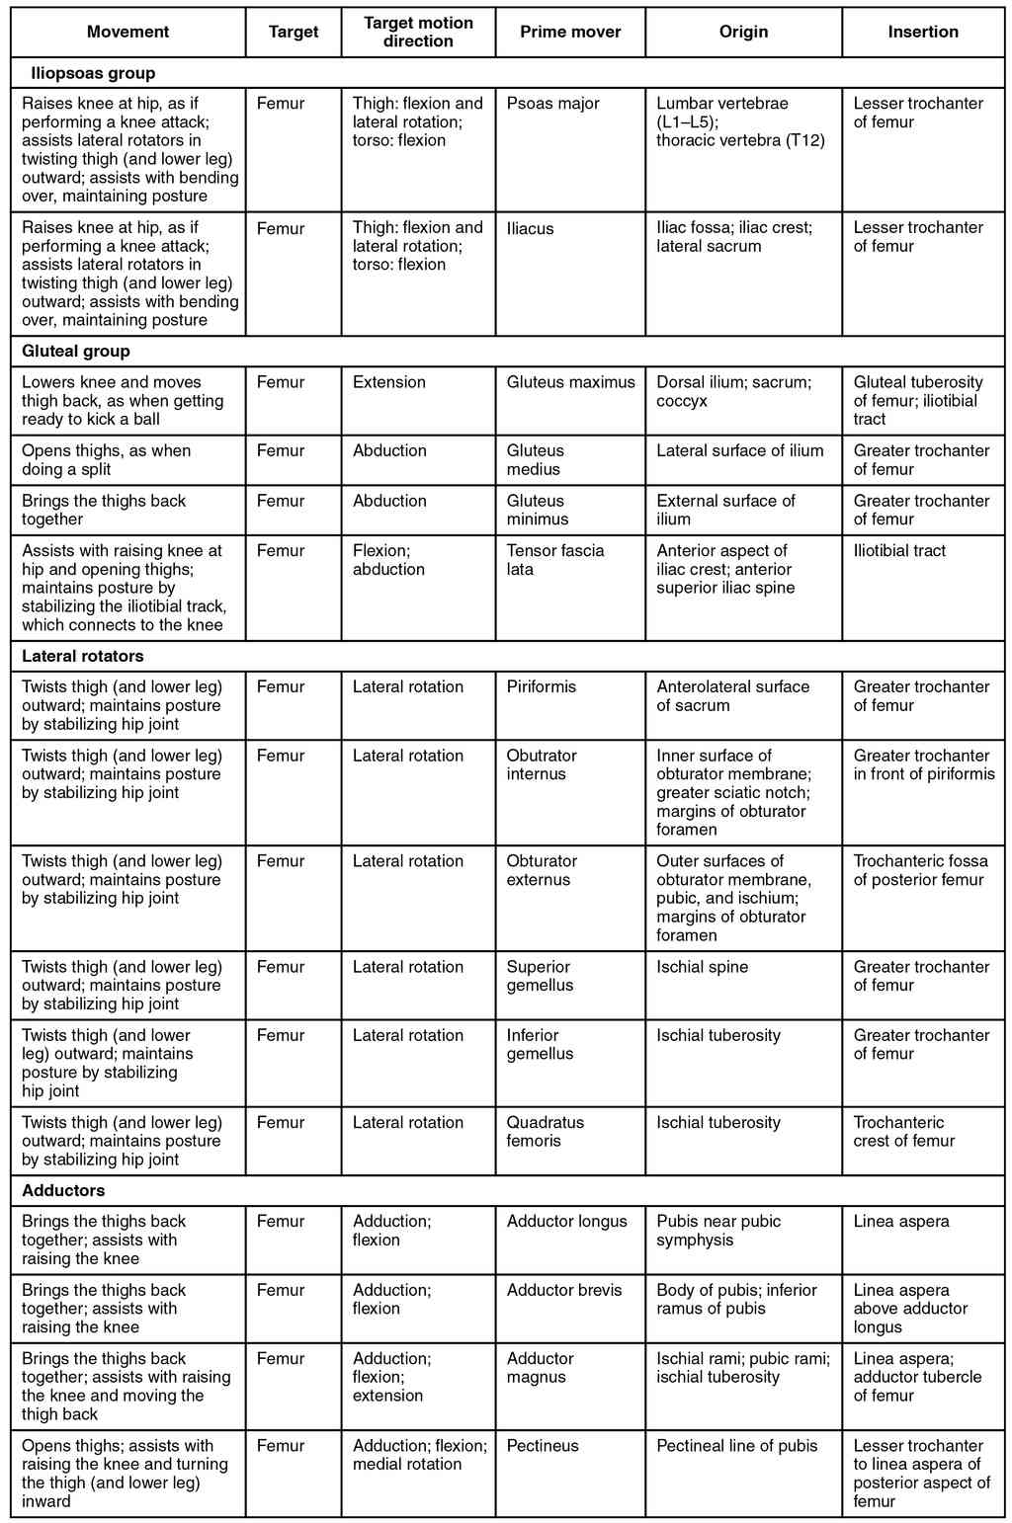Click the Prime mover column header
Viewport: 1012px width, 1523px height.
pos(570,32)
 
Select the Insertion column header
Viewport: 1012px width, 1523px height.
pos(923,32)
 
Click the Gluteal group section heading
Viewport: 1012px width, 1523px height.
pos(76,351)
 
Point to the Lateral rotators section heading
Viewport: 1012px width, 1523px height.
pos(82,656)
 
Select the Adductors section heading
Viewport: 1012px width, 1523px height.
pos(63,1190)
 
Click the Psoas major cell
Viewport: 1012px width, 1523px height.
pos(553,104)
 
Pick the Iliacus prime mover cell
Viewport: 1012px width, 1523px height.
pos(531,228)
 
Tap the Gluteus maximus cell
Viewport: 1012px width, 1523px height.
pos(570,382)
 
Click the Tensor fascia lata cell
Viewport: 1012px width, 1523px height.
pos(554,560)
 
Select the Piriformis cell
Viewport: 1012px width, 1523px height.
pos(541,686)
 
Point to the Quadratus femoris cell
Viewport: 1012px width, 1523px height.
pos(546,1131)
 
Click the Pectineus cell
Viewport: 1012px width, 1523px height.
pos(543,1446)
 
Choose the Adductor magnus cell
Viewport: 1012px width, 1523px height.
pos(540,1368)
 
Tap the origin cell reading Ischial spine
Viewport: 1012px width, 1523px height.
pos(702,967)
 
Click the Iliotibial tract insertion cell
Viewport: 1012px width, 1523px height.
pos(899,551)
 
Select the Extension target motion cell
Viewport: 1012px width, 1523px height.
pos(389,382)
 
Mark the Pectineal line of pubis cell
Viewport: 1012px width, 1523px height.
pos(737,1446)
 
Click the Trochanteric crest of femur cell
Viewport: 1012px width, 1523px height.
pos(904,1131)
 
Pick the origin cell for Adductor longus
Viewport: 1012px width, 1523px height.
pos(718,1231)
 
